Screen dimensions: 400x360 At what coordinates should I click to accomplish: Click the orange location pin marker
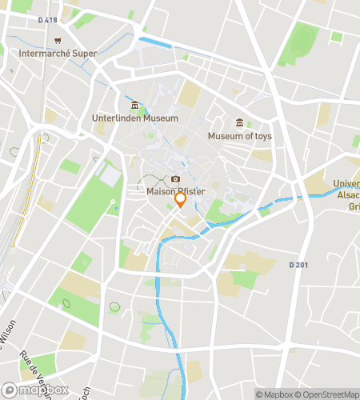181,200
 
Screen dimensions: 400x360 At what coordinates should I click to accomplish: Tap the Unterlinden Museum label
134,118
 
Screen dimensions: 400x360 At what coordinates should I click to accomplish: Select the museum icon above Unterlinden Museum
134,106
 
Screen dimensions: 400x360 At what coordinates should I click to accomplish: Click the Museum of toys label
239,136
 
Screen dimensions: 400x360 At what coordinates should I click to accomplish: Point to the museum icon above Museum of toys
239,122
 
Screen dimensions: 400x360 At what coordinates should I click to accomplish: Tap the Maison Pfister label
175,191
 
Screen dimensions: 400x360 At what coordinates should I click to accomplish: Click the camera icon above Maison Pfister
175,179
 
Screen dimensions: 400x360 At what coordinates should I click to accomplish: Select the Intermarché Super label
57,54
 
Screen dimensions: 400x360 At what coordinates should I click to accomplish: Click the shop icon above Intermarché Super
57,41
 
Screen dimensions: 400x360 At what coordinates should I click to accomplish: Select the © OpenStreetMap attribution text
328,394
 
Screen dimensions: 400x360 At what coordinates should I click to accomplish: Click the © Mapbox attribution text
277,394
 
